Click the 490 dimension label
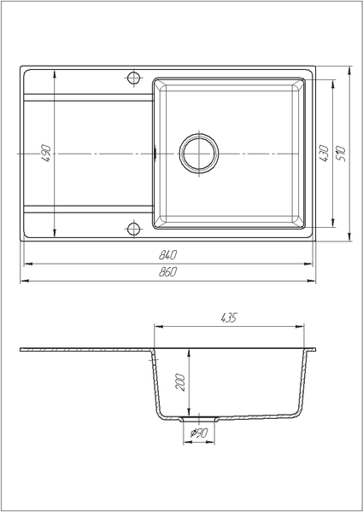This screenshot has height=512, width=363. tap(47, 154)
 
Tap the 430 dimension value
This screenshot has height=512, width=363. tap(324, 154)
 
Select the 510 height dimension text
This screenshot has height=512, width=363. tap(341, 154)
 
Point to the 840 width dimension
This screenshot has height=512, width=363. tap(167, 254)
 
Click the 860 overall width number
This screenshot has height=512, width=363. tap(167, 271)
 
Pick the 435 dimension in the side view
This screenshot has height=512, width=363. tap(229, 317)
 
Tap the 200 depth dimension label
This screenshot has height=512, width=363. tap(180, 382)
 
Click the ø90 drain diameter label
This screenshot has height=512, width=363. tap(199, 433)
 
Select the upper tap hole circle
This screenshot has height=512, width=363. tap(133, 78)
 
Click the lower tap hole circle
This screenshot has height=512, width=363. tap(133, 229)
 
